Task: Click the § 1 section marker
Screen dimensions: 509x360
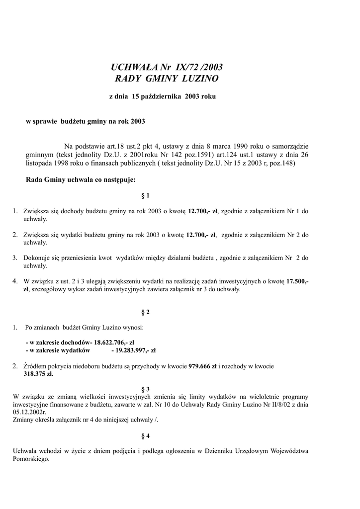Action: pyautogui.click(x=146, y=195)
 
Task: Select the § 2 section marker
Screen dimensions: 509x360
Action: pyautogui.click(x=146, y=312)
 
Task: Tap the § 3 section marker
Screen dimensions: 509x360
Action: pyautogui.click(x=146, y=389)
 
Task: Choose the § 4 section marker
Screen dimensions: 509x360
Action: pyautogui.click(x=146, y=436)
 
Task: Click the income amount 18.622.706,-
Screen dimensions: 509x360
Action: pyautogui.click(x=114, y=342)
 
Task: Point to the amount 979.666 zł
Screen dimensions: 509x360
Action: pyautogui.click(x=202, y=366)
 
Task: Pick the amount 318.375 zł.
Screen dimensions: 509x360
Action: pyautogui.click(x=38, y=374)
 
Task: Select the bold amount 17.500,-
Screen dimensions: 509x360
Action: pyautogui.click(x=297, y=281)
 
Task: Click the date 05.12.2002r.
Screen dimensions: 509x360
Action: pyautogui.click(x=29, y=412)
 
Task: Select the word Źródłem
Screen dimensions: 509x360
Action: pyautogui.click(x=36, y=366)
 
